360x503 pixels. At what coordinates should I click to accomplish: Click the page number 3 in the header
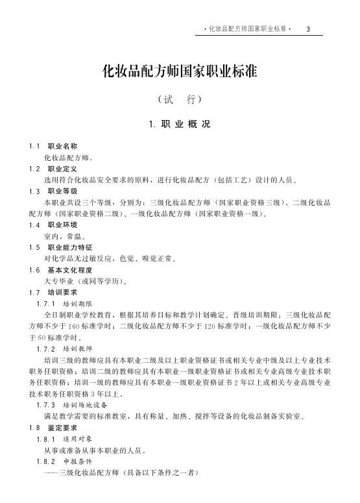(x=309, y=29)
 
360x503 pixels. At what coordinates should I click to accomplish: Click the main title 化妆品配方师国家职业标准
(x=180, y=71)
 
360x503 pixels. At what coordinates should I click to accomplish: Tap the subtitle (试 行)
(x=180, y=100)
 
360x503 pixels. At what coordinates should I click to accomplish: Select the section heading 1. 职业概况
(x=180, y=124)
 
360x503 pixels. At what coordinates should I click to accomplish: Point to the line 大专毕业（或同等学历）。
(x=85, y=281)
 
